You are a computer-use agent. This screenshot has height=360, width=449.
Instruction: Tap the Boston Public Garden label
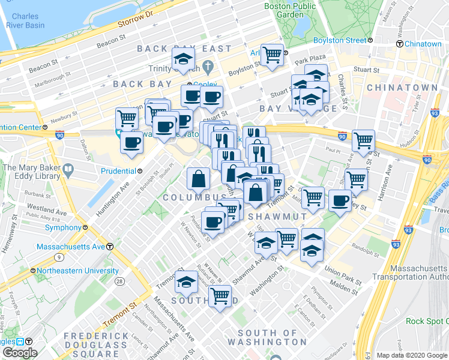coord(291,10)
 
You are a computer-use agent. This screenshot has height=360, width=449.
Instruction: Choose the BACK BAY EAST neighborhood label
coord(184,49)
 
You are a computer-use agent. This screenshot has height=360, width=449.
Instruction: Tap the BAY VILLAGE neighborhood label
coord(298,109)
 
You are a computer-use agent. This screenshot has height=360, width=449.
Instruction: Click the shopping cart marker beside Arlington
coord(273,55)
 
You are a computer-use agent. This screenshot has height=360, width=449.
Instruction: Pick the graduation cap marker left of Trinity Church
coord(183,59)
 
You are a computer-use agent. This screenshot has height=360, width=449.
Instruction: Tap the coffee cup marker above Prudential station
coord(131,143)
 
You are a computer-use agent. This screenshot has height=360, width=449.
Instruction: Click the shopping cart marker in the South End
coord(220,295)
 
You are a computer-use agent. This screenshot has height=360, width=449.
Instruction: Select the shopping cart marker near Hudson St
coord(363,141)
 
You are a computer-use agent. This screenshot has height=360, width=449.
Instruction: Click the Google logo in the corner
coord(19,353)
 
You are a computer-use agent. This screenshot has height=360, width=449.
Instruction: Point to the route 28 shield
coord(120,281)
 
